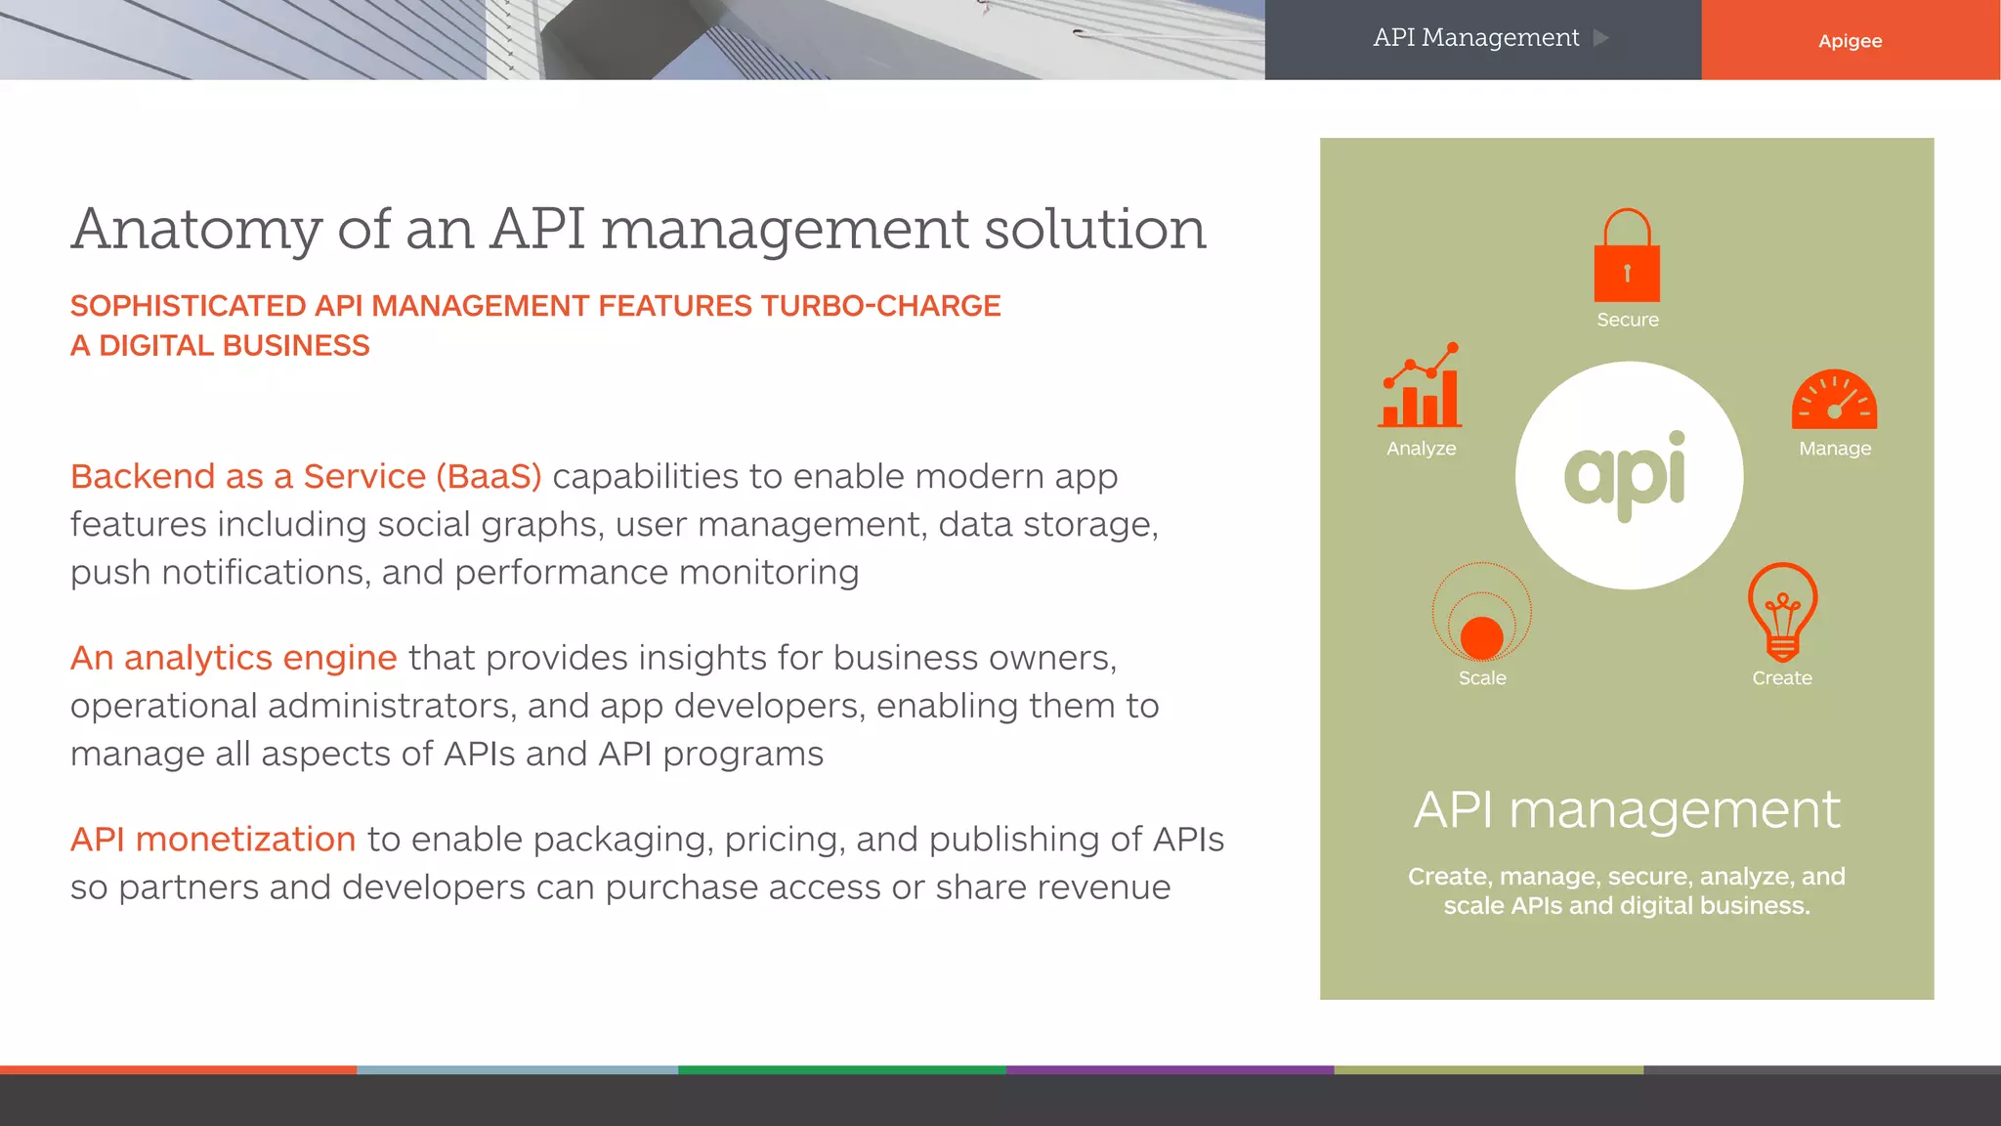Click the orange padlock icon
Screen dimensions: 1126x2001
1627,257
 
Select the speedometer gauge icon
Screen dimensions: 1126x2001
1834,401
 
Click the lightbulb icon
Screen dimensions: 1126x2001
1782,612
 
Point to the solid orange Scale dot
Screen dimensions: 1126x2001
1482,637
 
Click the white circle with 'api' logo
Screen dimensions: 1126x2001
1629,475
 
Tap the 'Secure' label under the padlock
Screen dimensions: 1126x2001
1628,320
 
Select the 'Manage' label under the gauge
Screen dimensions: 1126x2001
1835,449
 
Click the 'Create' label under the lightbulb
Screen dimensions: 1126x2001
1782,678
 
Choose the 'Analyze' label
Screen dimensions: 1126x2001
1421,449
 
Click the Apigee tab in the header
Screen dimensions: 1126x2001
1850,40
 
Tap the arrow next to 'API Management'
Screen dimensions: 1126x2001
1600,38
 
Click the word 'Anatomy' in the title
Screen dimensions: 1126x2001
196,230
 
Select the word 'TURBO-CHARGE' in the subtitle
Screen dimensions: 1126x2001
880,306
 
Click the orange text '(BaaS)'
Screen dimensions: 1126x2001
489,477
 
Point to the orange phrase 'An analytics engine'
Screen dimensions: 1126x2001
234,658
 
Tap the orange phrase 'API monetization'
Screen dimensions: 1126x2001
213,840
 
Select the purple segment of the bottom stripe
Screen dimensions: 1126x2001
1170,1070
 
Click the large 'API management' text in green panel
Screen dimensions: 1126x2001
1627,810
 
